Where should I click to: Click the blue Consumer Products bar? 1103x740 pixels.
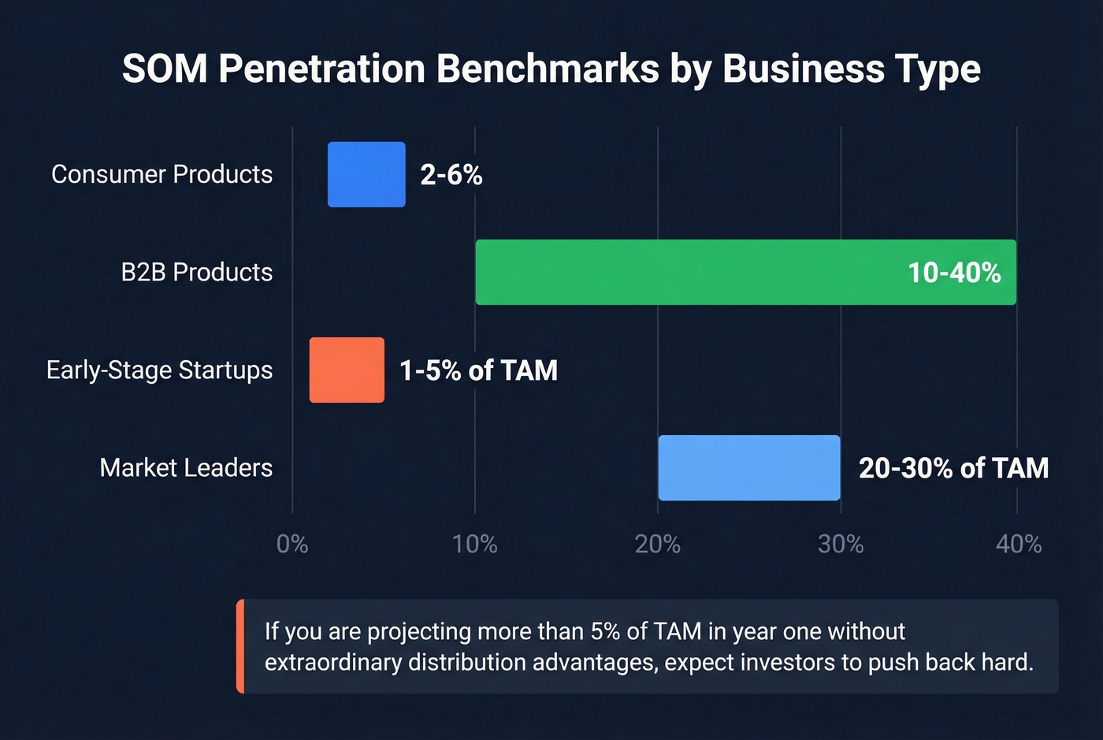pos(366,174)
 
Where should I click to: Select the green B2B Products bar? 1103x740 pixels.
pos(745,272)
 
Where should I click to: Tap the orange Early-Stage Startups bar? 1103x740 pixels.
pos(347,370)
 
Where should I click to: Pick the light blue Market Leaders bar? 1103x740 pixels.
pos(749,467)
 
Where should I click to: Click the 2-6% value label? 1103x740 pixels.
pos(451,174)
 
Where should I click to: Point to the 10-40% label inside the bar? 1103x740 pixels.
pos(954,273)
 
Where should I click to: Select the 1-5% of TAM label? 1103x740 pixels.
pos(478,370)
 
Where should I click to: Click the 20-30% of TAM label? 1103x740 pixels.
pos(953,468)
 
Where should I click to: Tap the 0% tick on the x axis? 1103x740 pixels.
pos(292,544)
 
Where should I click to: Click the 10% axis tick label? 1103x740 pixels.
pos(475,544)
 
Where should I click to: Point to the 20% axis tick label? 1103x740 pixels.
pos(658,544)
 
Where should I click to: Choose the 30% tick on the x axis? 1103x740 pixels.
pos(841,544)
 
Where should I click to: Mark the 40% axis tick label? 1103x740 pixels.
pos(1019,544)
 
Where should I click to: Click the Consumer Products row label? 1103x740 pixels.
pos(162,174)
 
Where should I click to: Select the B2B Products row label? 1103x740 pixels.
pos(197,272)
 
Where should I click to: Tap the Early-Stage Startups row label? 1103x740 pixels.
pos(159,370)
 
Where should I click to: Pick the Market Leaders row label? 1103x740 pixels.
pos(186,467)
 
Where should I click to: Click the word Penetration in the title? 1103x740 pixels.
pos(321,69)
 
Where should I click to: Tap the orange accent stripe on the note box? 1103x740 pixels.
pos(240,646)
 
